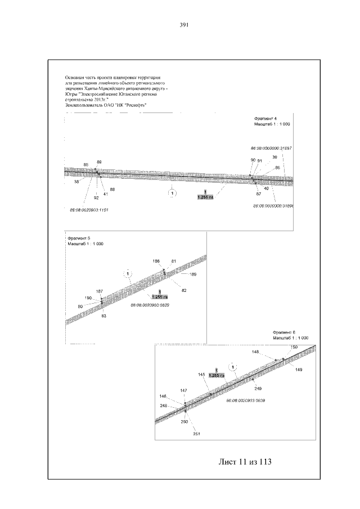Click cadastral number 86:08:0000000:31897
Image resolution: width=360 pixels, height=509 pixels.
click(271, 148)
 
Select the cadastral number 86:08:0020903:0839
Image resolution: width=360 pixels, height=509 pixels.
click(150, 305)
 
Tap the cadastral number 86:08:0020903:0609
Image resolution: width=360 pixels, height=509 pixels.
click(246, 401)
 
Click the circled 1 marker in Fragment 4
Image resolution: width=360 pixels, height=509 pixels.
click(173, 193)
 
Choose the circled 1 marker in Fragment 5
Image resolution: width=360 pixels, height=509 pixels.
click(128, 273)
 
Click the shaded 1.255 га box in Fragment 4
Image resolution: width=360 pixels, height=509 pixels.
click(207, 195)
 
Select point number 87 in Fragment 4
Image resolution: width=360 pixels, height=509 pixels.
click(258, 193)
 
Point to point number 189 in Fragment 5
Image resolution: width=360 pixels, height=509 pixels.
click(193, 274)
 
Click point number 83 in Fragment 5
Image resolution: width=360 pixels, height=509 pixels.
click(104, 317)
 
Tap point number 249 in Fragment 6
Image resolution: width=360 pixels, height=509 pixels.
click(258, 389)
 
